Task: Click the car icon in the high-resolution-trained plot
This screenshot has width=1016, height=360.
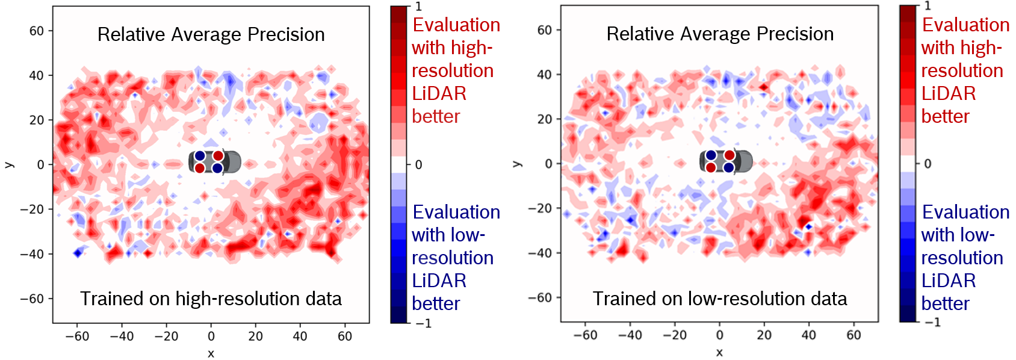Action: tap(214, 162)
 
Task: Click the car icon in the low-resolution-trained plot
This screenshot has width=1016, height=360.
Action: tap(725, 161)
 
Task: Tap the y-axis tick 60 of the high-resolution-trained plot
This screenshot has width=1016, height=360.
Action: tap(37, 31)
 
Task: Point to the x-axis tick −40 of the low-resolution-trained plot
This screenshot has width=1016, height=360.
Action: tap(630, 335)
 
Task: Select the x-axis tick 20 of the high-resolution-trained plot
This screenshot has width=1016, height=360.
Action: tap(255, 336)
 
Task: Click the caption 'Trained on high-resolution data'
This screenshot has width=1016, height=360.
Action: tap(211, 299)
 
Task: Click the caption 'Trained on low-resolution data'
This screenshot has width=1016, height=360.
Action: tap(720, 299)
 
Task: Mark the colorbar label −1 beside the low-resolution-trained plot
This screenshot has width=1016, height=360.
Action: tap(932, 323)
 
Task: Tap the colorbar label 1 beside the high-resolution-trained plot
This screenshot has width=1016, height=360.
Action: tap(419, 7)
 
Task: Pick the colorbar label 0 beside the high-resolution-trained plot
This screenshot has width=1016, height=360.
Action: tap(419, 164)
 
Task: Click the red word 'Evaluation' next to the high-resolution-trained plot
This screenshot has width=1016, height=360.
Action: tap(456, 25)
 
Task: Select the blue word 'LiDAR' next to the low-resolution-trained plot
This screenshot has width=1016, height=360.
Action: tap(949, 281)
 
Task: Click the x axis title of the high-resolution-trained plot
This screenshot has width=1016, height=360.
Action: tap(211, 353)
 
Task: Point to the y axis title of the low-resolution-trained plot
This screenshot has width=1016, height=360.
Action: tap(516, 164)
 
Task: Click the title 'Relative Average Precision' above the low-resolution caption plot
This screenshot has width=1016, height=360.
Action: tap(720, 34)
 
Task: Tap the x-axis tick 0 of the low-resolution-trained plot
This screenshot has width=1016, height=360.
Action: tap(719, 335)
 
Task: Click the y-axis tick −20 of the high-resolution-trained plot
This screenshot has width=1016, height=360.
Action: tap(32, 209)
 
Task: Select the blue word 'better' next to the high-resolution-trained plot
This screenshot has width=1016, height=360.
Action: tap(436, 303)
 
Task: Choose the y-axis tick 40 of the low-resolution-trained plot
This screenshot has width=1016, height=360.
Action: tap(544, 75)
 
